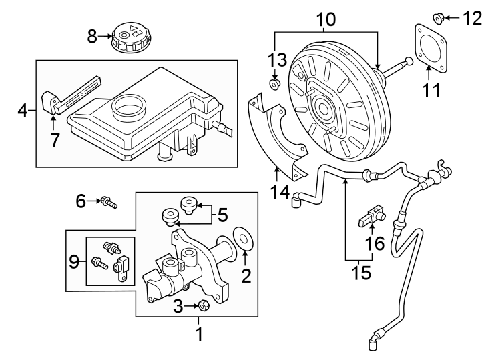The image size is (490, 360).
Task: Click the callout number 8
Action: coord(93,36)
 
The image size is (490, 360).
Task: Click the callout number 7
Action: coord(55,139)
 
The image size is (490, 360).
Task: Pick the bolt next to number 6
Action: coord(107,201)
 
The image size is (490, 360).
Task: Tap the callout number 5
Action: coord(223,215)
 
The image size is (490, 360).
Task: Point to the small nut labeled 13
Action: coord(274,85)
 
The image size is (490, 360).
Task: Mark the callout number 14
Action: coord(280,192)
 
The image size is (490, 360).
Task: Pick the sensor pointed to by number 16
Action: coord(369,216)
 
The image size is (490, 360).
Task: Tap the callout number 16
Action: coord(375,244)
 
